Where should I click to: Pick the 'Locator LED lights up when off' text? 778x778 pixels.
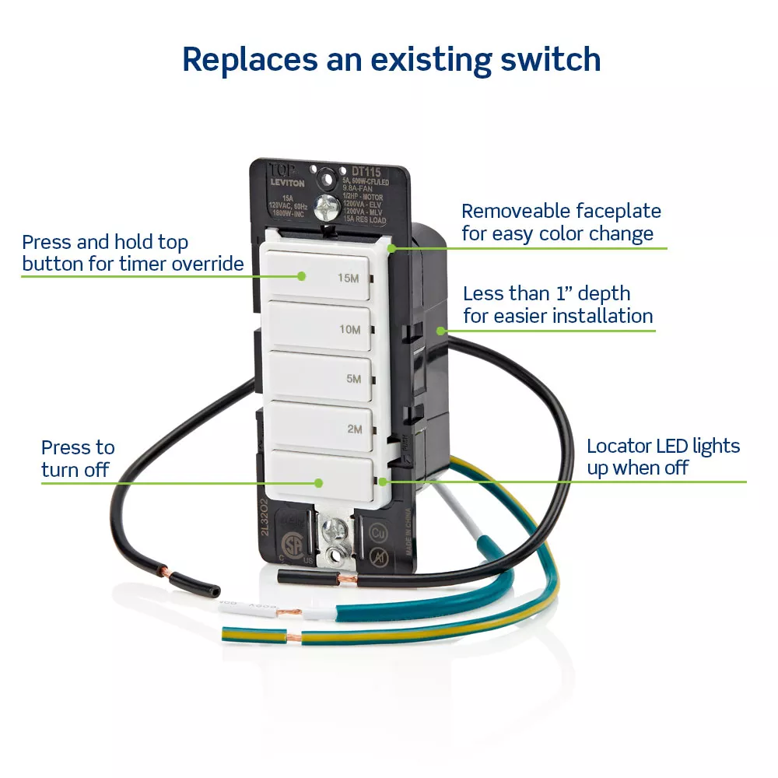663,457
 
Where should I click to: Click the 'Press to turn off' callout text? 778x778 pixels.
77,458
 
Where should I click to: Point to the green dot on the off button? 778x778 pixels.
318,483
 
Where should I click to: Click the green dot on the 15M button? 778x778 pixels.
303,275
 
